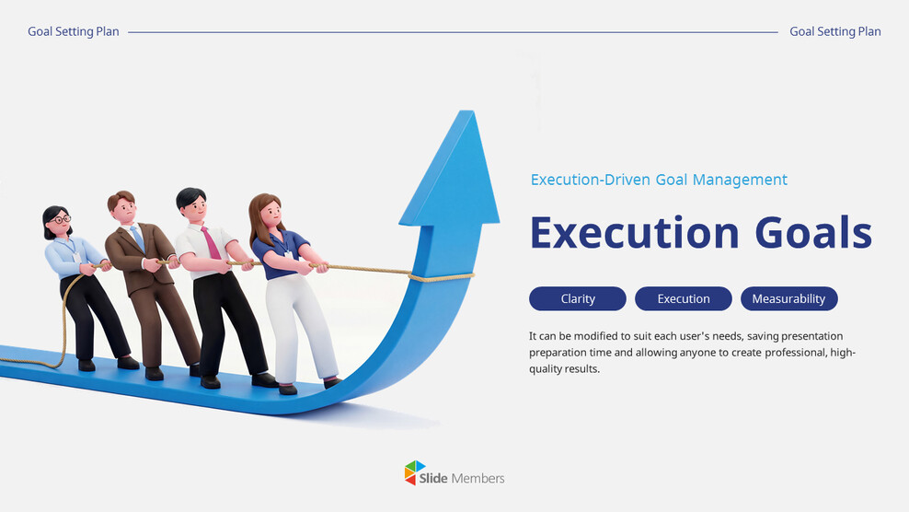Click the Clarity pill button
(577, 298)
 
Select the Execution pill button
(683, 298)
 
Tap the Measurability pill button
(788, 298)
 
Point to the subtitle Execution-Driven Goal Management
(659, 180)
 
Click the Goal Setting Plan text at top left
(74, 31)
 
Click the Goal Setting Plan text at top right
(834, 31)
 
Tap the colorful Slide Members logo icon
(416, 472)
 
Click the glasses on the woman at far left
(61, 219)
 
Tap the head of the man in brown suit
(121, 204)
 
